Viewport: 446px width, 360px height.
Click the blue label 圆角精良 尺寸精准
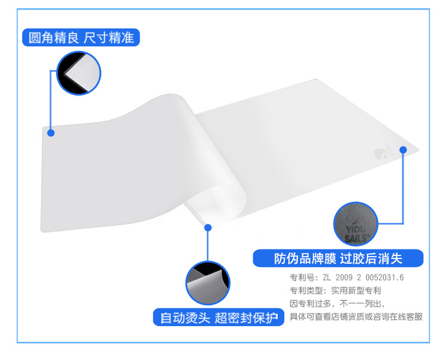click(81, 38)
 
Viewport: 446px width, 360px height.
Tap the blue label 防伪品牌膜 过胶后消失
click(338, 258)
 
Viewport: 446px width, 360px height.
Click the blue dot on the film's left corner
click(51, 133)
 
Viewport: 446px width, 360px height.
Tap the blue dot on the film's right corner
click(403, 150)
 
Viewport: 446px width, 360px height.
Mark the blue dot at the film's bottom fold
click(208, 227)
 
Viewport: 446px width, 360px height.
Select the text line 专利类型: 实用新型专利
click(335, 290)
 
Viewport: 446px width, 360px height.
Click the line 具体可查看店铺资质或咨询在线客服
click(356, 317)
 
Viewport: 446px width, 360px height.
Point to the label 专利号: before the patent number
click(303, 277)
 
